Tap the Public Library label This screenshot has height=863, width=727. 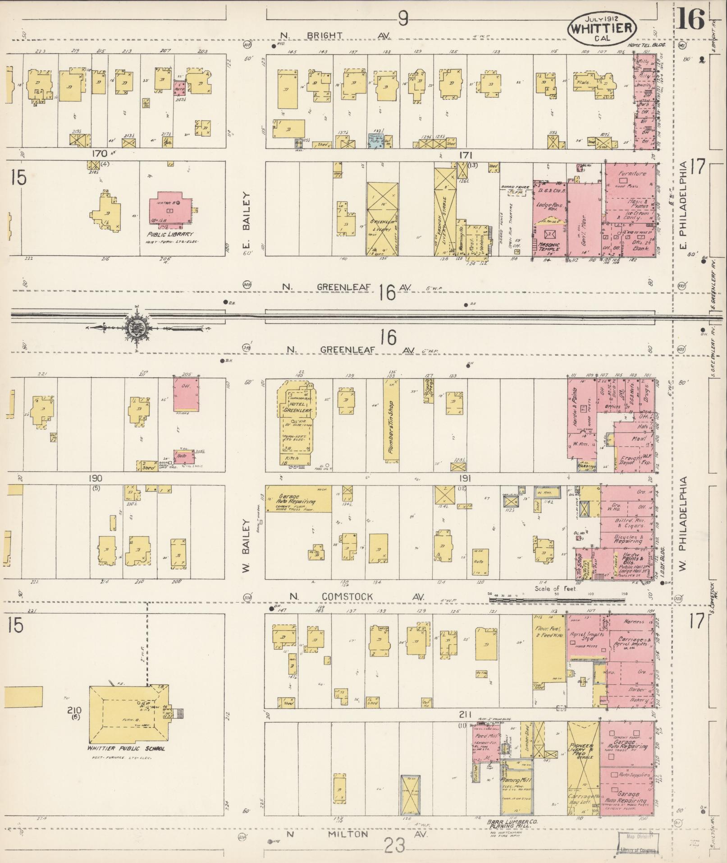click(x=172, y=235)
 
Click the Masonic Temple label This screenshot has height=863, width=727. click(x=549, y=247)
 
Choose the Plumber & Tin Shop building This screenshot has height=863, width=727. click(x=391, y=420)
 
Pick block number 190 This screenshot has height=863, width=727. click(x=96, y=479)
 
